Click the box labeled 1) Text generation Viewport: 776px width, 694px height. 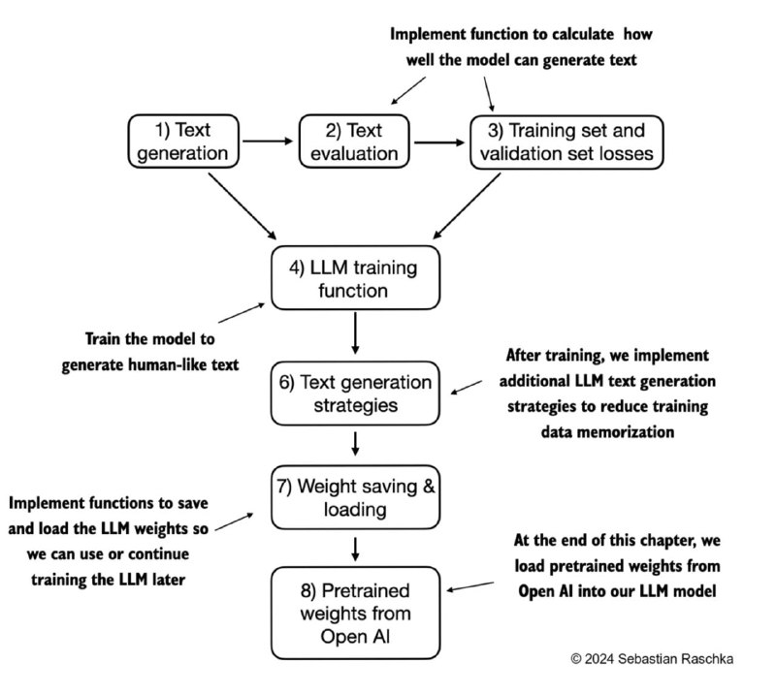[183, 142]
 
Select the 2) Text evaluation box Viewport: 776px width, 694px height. [354, 142]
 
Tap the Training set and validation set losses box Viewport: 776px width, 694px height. [566, 142]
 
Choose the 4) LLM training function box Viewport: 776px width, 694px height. [355, 278]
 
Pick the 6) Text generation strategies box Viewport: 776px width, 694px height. [355, 394]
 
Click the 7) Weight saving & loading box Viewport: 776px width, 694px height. [355, 497]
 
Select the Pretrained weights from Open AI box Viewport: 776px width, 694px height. [355, 613]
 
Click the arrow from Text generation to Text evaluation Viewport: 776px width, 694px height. [269, 141]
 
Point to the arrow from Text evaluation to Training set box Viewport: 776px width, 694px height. [439, 142]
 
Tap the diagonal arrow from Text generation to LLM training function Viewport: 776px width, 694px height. [242, 206]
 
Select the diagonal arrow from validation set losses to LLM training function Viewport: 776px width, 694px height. [467, 205]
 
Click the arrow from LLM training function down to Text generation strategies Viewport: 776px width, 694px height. [355, 332]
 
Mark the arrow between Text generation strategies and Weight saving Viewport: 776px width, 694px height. [355, 444]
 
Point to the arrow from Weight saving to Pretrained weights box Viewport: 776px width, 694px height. [355, 549]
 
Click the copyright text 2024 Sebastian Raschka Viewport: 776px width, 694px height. [652, 659]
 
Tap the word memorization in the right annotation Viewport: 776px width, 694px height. [607, 432]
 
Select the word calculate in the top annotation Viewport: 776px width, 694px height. [583, 34]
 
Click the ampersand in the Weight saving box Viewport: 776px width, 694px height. [428, 487]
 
